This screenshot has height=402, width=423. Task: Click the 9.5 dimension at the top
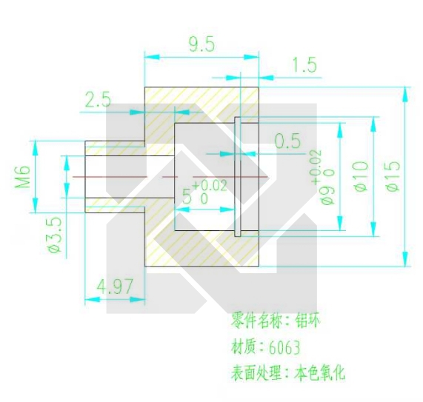(x=201, y=44)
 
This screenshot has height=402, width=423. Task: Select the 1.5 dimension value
(x=304, y=65)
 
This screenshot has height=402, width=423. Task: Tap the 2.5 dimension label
(x=98, y=99)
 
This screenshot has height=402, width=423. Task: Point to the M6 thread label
(x=22, y=177)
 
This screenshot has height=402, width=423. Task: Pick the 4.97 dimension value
(x=115, y=287)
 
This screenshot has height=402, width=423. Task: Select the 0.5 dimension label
(x=287, y=141)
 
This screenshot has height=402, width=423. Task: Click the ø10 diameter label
(x=361, y=176)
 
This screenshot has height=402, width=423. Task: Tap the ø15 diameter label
(x=392, y=176)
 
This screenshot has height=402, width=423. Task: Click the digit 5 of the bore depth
(x=187, y=196)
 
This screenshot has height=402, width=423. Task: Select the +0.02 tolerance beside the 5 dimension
(x=210, y=186)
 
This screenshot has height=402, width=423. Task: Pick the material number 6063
(x=284, y=347)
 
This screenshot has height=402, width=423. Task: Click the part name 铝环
(x=308, y=320)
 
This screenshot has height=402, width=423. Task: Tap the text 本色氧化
(x=319, y=372)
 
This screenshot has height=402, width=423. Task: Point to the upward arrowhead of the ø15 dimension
(x=404, y=94)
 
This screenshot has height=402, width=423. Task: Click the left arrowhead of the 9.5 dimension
(x=152, y=57)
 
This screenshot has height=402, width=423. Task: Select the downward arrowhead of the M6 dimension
(x=36, y=206)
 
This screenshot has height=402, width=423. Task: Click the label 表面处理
(x=256, y=373)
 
